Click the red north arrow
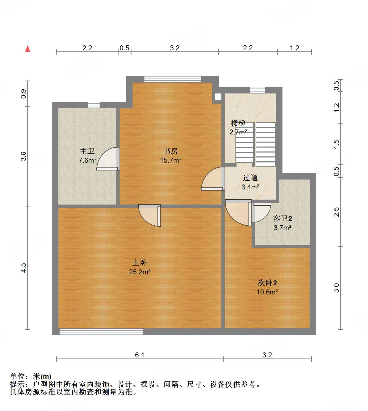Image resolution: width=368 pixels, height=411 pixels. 28,49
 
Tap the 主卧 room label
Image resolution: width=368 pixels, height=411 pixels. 140,263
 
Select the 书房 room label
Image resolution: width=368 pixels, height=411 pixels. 171,151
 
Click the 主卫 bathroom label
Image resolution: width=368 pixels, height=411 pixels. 87,151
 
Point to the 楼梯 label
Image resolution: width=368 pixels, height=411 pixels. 238,123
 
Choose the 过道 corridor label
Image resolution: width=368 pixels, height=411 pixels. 250,178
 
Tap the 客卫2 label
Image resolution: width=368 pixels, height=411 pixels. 282,219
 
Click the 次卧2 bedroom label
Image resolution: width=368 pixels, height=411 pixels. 267,283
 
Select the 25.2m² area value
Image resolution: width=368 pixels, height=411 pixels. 140,272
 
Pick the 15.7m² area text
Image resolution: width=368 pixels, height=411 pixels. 171,160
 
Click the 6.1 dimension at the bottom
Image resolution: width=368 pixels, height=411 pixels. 139,355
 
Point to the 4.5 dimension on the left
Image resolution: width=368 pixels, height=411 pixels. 24,268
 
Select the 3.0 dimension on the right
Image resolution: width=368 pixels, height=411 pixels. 336,288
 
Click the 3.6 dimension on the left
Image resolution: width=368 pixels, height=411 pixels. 24,156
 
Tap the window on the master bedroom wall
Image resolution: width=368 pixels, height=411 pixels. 101,332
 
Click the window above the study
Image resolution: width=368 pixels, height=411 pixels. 173,79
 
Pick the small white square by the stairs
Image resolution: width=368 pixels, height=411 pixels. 218,97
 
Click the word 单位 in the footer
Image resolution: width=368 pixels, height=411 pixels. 17,376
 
